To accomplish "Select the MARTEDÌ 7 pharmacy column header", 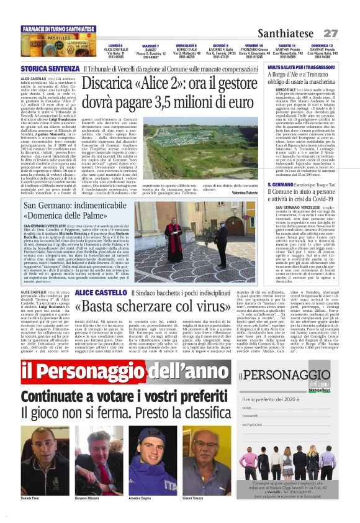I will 150,46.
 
